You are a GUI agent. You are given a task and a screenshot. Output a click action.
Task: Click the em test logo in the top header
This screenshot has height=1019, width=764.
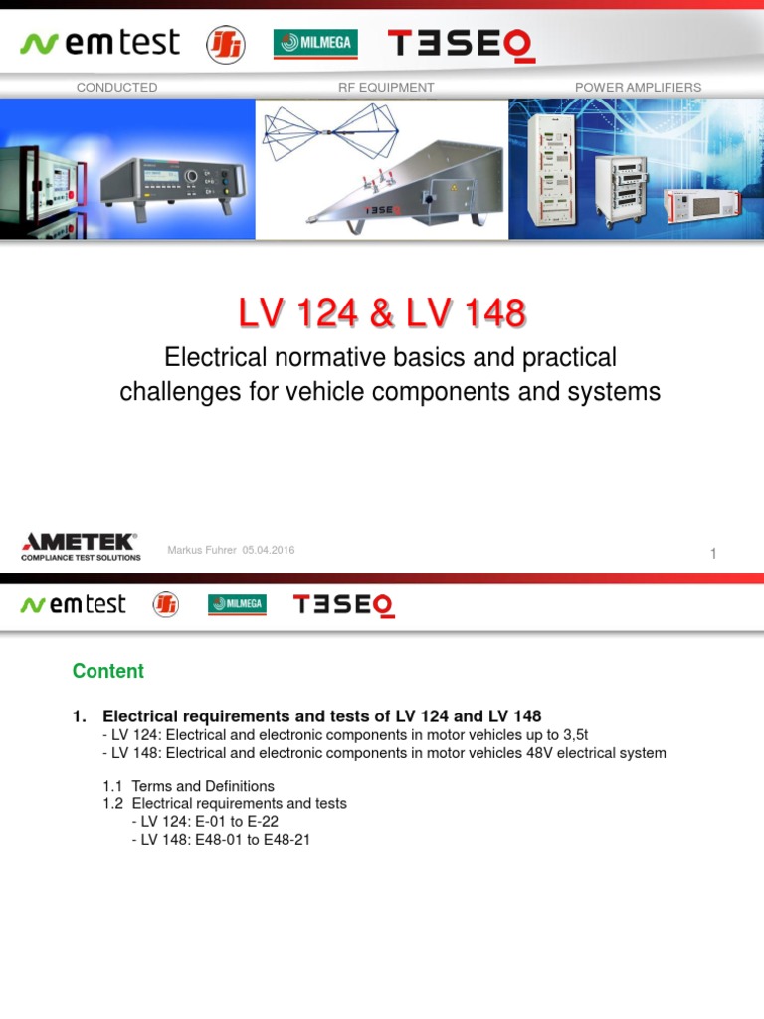pyautogui.click(x=99, y=43)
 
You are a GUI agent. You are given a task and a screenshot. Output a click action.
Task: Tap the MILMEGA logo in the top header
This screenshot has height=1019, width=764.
pyautogui.click(x=315, y=43)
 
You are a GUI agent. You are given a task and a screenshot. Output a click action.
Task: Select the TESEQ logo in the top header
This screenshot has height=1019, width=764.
pyautogui.click(x=461, y=44)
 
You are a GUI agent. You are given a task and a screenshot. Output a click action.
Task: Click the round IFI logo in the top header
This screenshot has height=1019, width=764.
pyautogui.click(x=225, y=44)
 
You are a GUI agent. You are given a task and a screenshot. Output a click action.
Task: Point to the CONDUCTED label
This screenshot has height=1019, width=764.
pyautogui.click(x=116, y=88)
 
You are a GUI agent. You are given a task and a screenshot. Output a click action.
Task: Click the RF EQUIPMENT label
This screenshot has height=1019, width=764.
pyautogui.click(x=386, y=88)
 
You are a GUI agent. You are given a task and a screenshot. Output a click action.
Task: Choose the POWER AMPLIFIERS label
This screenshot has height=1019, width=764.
pyautogui.click(x=638, y=88)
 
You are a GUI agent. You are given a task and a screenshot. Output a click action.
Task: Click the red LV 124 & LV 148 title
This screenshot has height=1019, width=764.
pyautogui.click(x=382, y=314)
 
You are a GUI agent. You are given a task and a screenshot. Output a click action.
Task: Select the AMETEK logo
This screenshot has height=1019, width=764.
pyautogui.click(x=81, y=546)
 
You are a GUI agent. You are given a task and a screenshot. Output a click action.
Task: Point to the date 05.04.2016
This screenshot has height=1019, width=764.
pyautogui.click(x=268, y=551)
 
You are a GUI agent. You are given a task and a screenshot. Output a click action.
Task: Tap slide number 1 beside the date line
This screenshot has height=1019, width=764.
pyautogui.click(x=713, y=554)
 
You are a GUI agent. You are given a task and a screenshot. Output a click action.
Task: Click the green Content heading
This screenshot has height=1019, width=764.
pyautogui.click(x=108, y=671)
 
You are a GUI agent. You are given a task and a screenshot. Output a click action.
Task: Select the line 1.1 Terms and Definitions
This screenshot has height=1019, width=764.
pyautogui.click(x=188, y=786)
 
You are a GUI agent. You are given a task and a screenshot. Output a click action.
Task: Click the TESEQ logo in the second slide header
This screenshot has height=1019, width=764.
pyautogui.click(x=344, y=605)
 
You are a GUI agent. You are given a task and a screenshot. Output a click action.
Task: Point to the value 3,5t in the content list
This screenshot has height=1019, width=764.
pyautogui.click(x=573, y=735)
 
